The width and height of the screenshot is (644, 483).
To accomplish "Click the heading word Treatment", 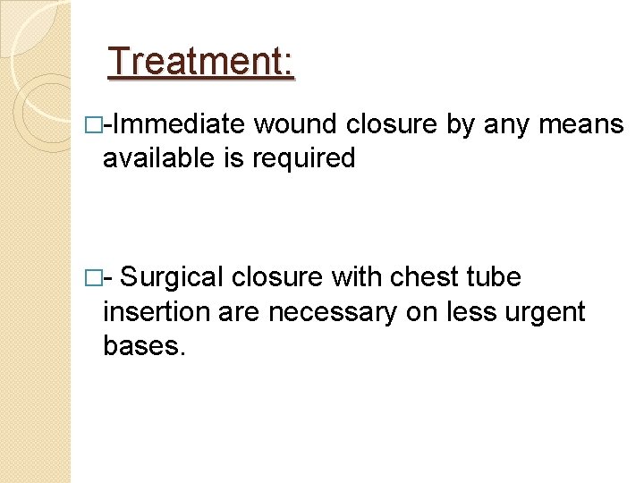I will pyautogui.click(x=199, y=63).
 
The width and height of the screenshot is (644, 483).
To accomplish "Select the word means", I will pyautogui.click(x=582, y=124).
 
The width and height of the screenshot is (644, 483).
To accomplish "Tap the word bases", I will pyautogui.click(x=143, y=346).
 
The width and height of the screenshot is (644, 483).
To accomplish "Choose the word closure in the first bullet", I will pyautogui.click(x=394, y=124).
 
